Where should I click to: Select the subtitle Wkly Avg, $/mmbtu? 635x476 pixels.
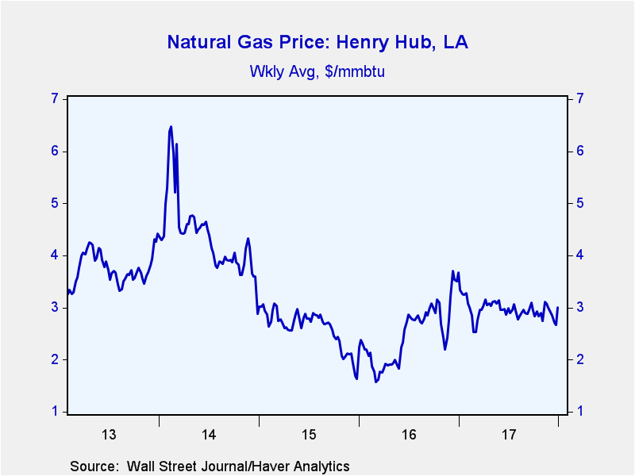pos(317,71)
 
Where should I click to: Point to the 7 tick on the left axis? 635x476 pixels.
pos(55,98)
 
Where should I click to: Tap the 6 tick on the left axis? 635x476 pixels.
pos(55,151)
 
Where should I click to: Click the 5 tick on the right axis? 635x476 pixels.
pos(580,203)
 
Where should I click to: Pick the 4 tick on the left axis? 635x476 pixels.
pos(55,255)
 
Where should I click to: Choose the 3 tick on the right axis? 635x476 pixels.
pos(580,307)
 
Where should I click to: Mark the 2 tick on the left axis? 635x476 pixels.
pos(55,359)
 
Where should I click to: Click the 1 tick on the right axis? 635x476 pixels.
pos(580,412)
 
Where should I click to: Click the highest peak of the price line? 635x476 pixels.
pos(171,126)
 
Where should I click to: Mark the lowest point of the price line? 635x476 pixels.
pos(376,382)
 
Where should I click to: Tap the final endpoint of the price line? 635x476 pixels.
pos(558,307)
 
